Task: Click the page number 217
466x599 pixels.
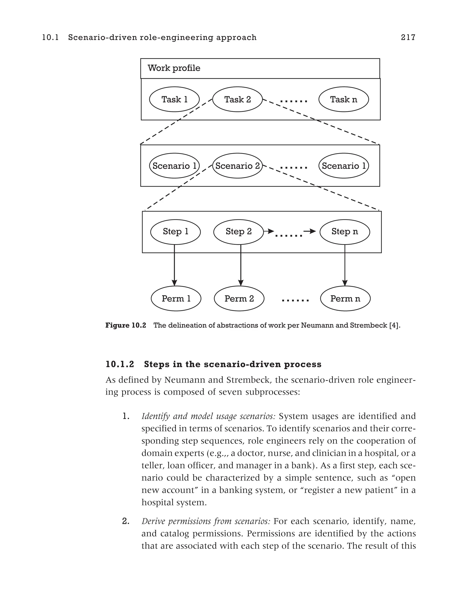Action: (408, 37)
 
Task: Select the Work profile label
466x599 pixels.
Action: (174, 68)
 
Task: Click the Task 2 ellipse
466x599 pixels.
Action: (238, 99)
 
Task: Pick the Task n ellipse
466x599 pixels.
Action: (343, 99)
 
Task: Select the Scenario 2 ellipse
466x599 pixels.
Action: (238, 166)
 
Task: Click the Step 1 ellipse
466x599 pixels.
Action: (175, 232)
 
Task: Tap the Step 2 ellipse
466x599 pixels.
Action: (238, 232)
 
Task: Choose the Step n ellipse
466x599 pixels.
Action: (344, 232)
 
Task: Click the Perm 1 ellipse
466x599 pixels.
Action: (176, 298)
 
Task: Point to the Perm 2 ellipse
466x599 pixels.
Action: (239, 298)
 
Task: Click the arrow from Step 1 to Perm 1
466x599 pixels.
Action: (175, 265)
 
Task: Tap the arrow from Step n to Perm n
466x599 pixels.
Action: (345, 265)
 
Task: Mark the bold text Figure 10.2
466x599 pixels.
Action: (126, 325)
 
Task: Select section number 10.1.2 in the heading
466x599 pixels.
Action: (120, 364)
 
